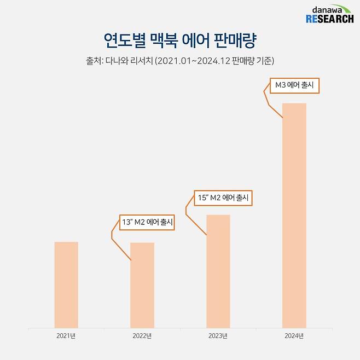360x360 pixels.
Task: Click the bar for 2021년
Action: coord(66,284)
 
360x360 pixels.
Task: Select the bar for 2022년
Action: coord(142,284)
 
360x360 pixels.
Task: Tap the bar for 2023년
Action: coord(218,271)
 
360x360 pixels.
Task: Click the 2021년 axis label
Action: coord(66,336)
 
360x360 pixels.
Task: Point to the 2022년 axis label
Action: coord(142,336)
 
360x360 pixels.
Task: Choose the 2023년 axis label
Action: coord(218,336)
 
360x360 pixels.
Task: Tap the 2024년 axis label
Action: coord(294,336)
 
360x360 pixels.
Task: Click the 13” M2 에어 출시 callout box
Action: coord(147,222)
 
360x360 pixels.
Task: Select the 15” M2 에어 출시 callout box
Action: coord(223,198)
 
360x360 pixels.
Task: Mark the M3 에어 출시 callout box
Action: coord(295,86)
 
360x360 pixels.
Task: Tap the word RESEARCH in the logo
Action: coord(329,19)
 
